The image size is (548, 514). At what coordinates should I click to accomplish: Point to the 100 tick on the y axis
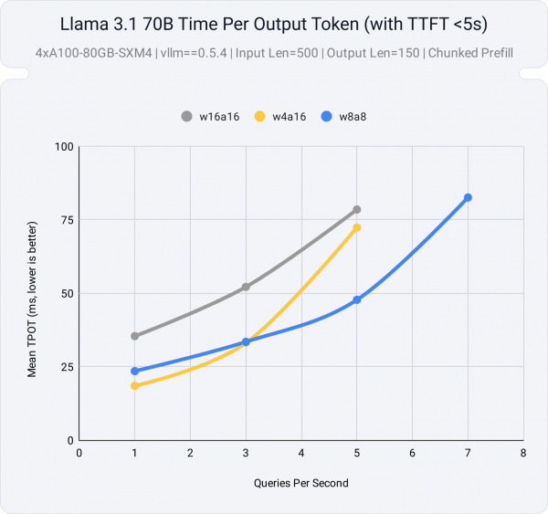[x=63, y=147]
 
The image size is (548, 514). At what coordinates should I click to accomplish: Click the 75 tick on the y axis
[x=66, y=220]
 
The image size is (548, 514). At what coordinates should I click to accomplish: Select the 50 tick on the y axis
[x=66, y=294]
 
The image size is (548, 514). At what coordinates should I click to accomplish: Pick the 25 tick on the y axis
[x=66, y=367]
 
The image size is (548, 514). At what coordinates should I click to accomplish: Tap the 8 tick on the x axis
[x=523, y=452]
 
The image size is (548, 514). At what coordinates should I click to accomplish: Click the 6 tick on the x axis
[x=413, y=452]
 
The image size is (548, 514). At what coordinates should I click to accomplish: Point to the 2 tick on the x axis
[x=190, y=452]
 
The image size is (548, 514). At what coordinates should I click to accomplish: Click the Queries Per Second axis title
[x=301, y=482]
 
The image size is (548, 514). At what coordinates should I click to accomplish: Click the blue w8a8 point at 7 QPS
[x=468, y=197]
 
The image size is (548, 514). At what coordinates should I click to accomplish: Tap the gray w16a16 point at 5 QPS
[x=357, y=210]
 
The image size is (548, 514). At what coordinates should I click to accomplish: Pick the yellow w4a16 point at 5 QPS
[x=357, y=227]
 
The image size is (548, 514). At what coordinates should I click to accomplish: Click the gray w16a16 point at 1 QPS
[x=135, y=336]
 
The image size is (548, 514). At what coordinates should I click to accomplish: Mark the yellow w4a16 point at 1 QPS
[x=135, y=386]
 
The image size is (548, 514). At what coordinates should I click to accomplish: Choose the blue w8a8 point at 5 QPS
[x=357, y=299]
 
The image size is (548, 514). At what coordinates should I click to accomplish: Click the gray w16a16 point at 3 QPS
[x=246, y=287]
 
